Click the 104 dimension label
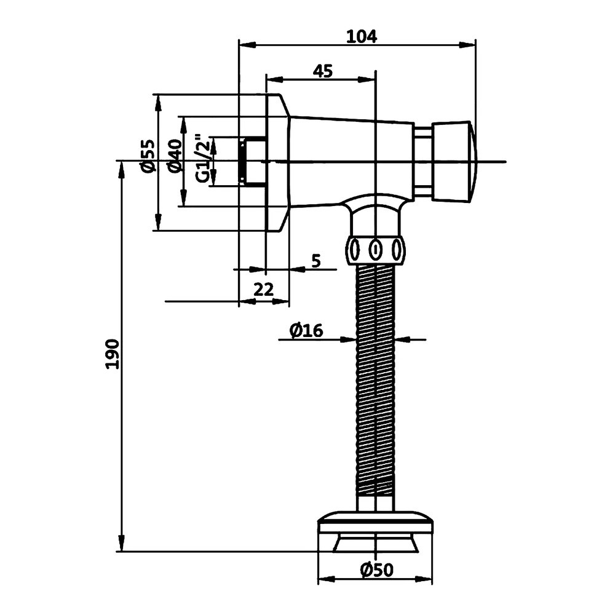(361, 36)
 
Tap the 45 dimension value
(322, 71)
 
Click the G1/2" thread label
(203, 158)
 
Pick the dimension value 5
(315, 261)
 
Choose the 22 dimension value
(263, 290)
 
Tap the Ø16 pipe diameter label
(306, 331)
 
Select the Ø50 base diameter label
(376, 571)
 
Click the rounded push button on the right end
(454, 161)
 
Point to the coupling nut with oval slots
(375, 250)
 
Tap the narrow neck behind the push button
(423, 161)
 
